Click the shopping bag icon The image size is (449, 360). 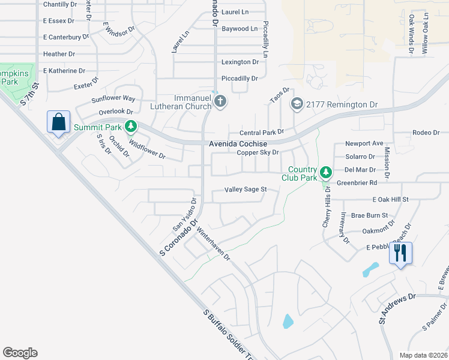[59, 122]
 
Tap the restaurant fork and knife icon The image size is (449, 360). [400, 253]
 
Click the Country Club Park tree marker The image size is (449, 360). [325, 173]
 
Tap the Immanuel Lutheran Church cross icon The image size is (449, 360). [220, 101]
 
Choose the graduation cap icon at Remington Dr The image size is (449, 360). [297, 104]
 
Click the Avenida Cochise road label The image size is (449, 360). [238, 144]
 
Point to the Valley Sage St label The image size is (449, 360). [245, 190]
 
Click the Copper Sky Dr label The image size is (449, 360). [258, 152]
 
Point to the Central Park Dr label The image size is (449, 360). [261, 132]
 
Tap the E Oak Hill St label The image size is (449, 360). [390, 199]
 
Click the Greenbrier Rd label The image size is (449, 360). [357, 182]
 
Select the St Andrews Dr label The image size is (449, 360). [397, 309]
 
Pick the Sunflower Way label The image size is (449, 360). [113, 98]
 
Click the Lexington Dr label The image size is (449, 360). [240, 62]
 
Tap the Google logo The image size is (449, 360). [20, 353]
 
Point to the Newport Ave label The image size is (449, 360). [364, 144]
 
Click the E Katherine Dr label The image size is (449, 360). [60, 71]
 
